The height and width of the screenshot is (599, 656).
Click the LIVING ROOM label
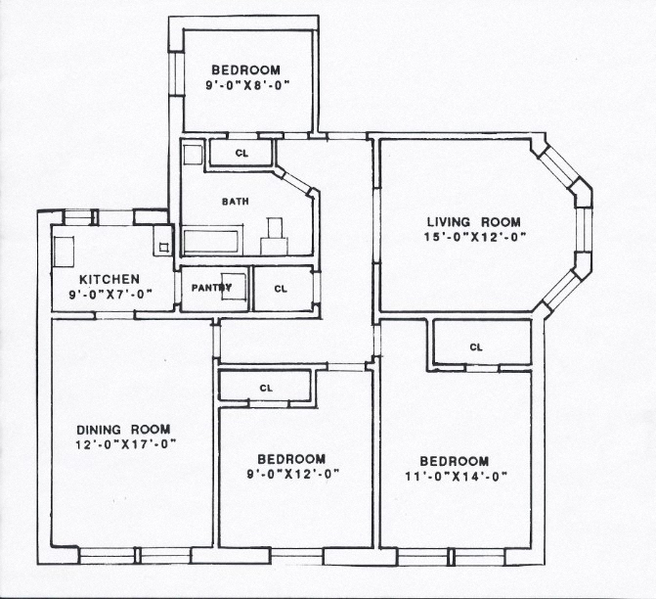click(473, 221)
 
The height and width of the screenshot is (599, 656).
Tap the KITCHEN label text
click(109, 279)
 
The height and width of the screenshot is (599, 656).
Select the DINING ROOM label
click(123, 430)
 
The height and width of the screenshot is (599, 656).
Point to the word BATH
click(235, 202)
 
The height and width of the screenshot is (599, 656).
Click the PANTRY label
click(212, 288)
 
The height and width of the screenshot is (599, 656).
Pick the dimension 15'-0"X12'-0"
click(475, 237)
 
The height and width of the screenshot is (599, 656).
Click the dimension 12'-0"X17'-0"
click(125, 444)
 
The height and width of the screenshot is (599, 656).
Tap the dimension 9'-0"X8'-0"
click(247, 85)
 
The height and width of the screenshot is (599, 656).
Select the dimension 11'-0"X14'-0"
click(456, 477)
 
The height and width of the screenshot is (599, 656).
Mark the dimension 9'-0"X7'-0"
click(110, 295)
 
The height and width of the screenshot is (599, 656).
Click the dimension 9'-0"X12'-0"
click(293, 474)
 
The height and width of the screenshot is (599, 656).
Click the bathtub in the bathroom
click(211, 242)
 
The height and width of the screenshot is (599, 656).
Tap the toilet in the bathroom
click(275, 237)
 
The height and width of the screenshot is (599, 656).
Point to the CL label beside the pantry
click(281, 289)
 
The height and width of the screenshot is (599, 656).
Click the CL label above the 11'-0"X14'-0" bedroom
click(476, 347)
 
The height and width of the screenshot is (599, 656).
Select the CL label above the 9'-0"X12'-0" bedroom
click(266, 389)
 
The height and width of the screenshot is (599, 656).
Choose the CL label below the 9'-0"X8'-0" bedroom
click(241, 154)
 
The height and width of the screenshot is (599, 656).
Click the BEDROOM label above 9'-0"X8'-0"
click(245, 69)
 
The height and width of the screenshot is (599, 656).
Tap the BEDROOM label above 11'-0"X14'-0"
click(455, 461)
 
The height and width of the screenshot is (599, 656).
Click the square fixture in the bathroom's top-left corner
click(194, 155)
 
